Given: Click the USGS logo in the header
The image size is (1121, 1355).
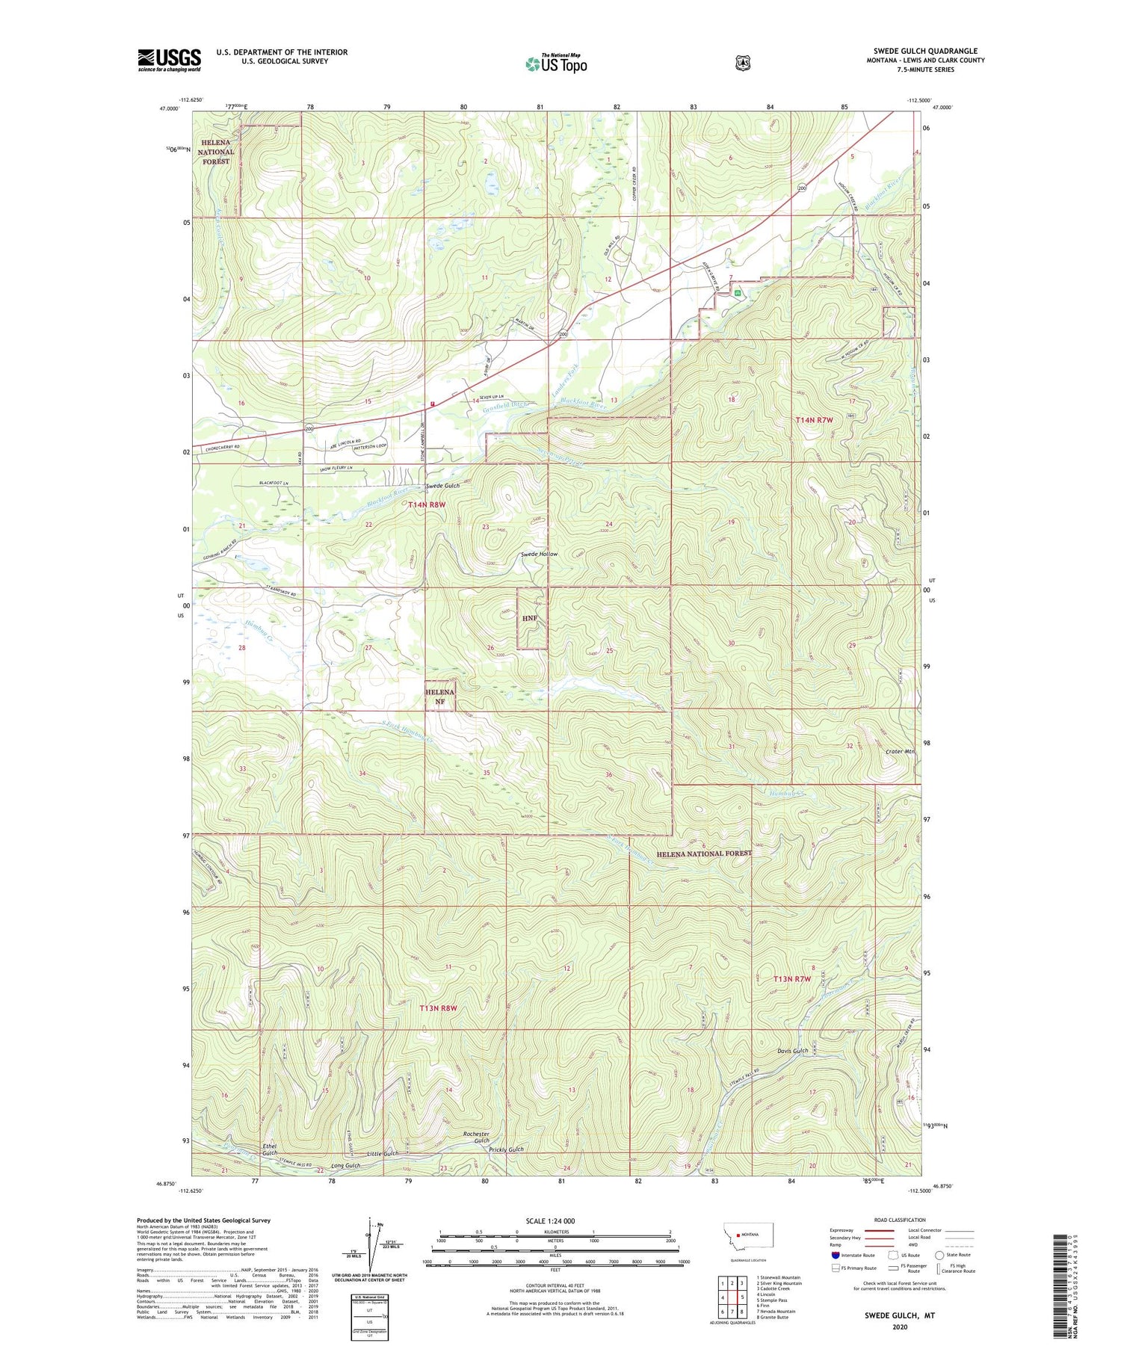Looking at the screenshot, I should (169, 60).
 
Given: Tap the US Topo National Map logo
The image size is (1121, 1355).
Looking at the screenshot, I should (556, 64).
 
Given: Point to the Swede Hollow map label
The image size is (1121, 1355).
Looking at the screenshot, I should (539, 555).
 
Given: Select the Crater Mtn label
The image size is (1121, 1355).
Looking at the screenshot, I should (900, 751).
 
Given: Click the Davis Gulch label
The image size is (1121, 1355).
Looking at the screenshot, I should (792, 1051).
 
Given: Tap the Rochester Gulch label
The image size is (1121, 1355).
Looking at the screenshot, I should (476, 1138).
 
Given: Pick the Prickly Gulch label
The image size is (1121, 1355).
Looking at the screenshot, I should (506, 1149).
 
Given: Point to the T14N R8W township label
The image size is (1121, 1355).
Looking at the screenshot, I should (427, 504).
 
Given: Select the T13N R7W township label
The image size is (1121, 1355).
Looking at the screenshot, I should (792, 978).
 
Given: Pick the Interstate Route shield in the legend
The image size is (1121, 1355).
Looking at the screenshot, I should (836, 1255).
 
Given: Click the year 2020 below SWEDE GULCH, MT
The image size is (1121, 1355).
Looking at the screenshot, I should (899, 1327).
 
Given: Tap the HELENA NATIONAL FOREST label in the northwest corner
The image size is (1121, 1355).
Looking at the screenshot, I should (215, 152).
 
